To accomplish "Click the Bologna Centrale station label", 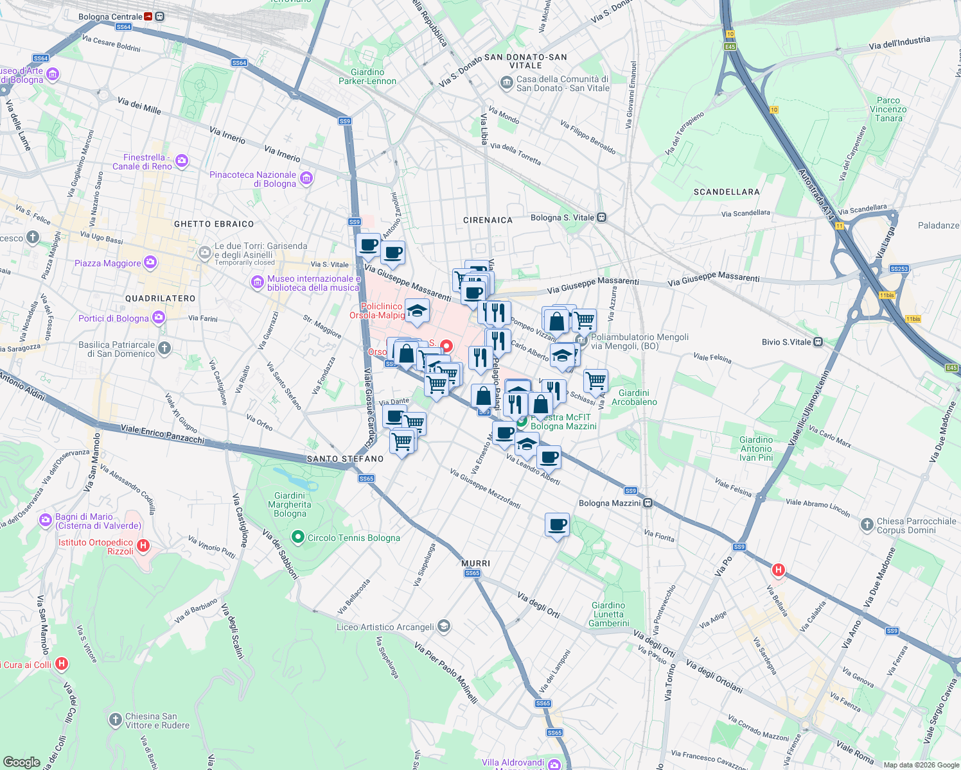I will tap(110, 17).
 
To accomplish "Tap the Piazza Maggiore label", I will tap(108, 263).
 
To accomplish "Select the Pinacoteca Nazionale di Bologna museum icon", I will tap(306, 178).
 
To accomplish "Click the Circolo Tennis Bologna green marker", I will tap(297, 537).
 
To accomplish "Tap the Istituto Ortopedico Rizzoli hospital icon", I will tap(143, 546).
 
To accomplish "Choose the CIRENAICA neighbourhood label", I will tap(488, 220).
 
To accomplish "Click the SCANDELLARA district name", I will tap(727, 192).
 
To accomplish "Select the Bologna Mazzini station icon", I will tap(648, 503).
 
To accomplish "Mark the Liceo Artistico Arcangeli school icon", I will tap(444, 626).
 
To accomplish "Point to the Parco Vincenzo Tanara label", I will tap(888, 109).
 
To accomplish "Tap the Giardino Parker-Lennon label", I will tap(367, 76).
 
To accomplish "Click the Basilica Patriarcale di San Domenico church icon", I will tap(164, 348).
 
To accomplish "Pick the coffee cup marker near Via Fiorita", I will tap(557, 525).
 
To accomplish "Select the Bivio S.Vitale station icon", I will tap(818, 342).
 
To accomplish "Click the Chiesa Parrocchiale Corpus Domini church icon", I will tap(867, 525).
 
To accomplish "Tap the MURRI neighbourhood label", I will tap(475, 563).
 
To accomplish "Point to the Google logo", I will tap(21, 762).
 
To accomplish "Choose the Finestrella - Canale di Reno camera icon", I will tap(182, 161).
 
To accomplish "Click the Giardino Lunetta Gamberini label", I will tap(608, 614).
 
